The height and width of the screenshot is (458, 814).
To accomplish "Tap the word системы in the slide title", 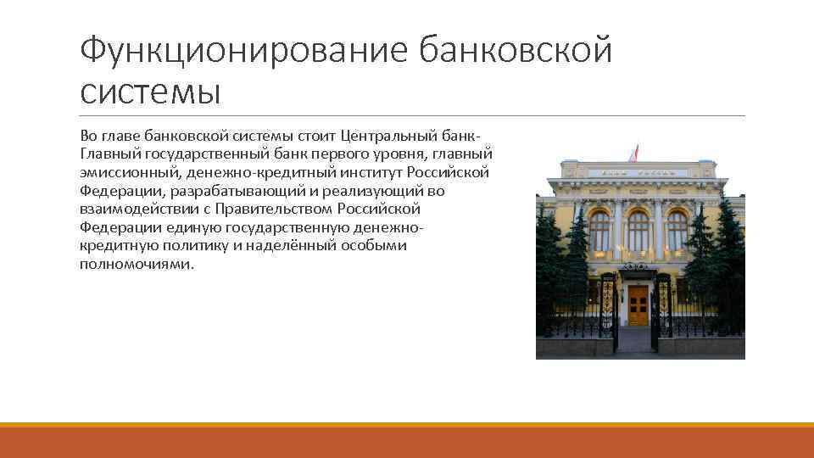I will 150,92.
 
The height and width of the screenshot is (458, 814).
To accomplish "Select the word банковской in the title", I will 515,51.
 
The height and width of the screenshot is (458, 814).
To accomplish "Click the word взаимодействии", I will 133,209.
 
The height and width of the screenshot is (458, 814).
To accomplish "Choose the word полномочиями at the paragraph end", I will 137,264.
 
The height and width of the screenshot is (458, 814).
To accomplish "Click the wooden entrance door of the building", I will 638,305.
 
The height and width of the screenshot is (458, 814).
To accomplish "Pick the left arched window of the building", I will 599,231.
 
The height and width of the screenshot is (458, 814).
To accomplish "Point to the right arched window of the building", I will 677,231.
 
